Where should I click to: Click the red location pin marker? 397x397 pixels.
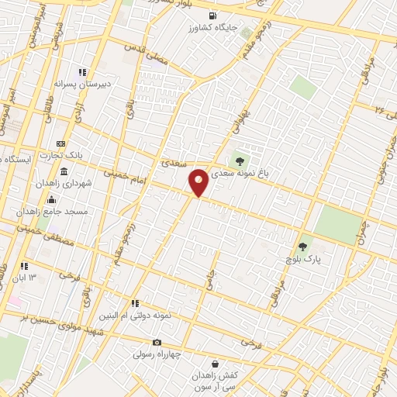199,182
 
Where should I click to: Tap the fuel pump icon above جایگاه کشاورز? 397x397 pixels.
212,16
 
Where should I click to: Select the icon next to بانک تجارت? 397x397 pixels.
60,144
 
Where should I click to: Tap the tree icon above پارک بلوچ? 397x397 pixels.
303,247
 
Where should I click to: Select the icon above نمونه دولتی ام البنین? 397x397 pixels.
136,303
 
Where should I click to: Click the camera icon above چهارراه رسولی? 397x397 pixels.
157,342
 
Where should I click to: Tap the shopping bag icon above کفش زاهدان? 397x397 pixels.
216,364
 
